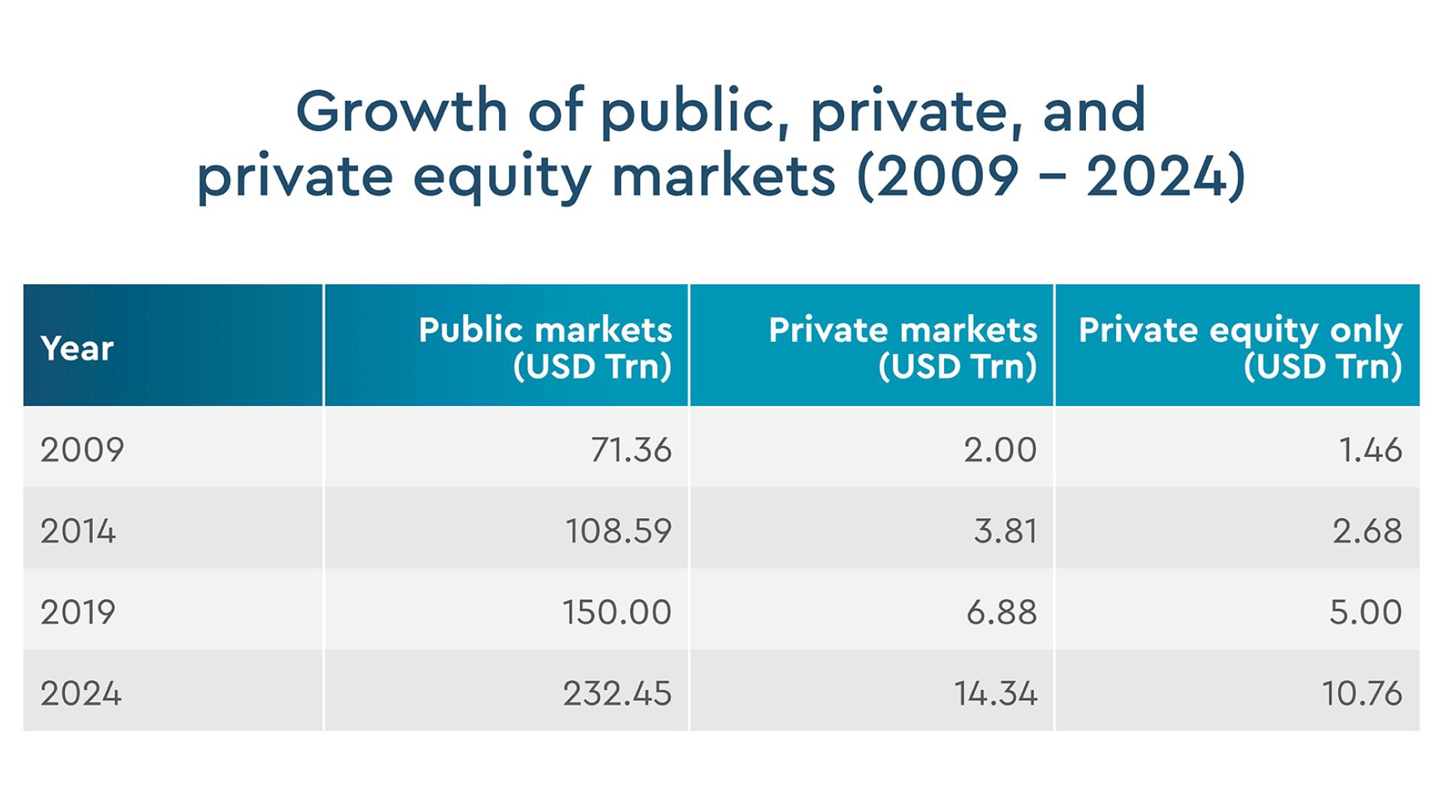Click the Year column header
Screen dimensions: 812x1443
tap(77, 348)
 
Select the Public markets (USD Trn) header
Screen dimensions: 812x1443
tap(545, 347)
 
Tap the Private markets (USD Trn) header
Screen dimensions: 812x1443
tap(903, 347)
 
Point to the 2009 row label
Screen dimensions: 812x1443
tap(82, 450)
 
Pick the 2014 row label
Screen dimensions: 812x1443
tap(78, 531)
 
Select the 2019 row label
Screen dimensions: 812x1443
tap(78, 612)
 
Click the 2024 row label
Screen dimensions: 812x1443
tap(80, 693)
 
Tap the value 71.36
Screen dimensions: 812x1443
tap(631, 450)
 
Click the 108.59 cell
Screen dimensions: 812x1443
tap(618, 531)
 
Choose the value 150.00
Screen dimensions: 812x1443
tap(616, 612)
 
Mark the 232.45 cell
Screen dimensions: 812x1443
tap(616, 693)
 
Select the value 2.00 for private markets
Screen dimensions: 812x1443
tap(1000, 450)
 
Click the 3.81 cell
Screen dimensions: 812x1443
tap(1005, 531)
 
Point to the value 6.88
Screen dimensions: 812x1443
tap(1001, 612)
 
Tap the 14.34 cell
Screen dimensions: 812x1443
tap(995, 693)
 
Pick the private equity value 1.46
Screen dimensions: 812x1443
tap(1369, 450)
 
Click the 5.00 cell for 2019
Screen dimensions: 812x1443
tap(1365, 612)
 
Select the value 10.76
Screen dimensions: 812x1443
tap(1361, 693)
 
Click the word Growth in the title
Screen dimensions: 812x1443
tap(401, 111)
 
